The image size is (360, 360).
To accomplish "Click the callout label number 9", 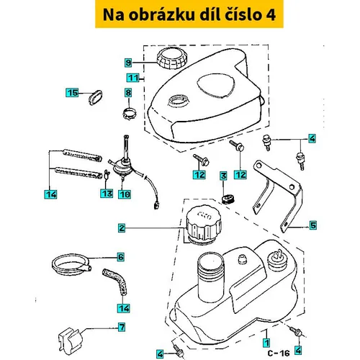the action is coord(128,63).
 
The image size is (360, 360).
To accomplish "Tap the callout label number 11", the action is coord(133,78).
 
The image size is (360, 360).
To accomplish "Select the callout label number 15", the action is coord(72,93).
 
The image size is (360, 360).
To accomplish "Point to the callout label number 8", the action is coord(128,93).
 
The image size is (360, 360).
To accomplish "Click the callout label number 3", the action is coord(223,176).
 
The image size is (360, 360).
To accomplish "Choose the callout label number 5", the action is coord(313,225).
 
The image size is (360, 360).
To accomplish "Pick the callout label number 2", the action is coord(122,228).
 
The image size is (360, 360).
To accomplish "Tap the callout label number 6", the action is coord(121,257).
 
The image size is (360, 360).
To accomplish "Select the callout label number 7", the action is coord(122,327).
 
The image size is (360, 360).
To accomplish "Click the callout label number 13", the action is coord(107,194).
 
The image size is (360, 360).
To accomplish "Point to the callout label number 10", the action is coord(125,194).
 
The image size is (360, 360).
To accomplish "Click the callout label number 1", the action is coord(266,343).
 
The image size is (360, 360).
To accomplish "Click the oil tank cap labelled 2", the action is coord(204,225).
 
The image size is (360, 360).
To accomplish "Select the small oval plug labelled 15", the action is coord(96,97).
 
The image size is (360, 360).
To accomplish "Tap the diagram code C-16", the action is coord(279,353).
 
